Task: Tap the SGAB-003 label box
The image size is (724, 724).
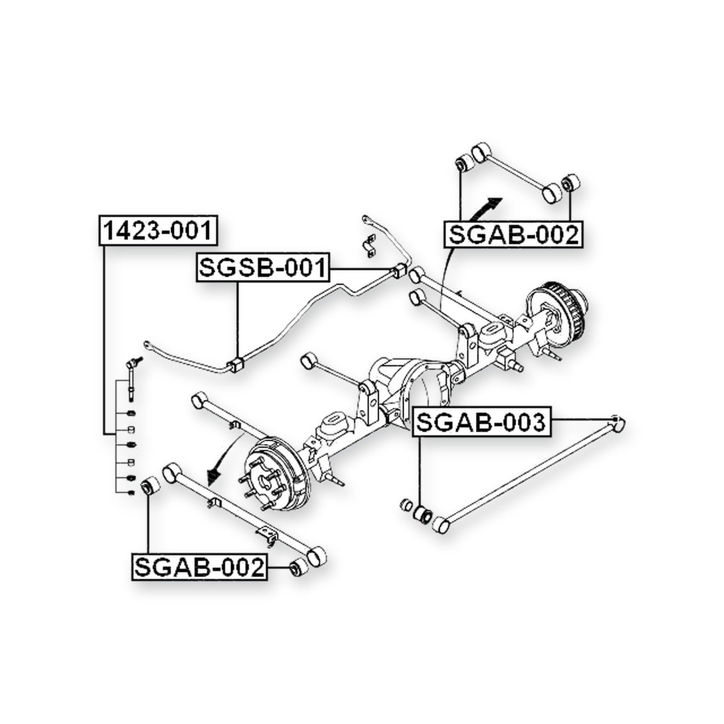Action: pos(481,423)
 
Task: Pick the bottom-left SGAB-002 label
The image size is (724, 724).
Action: pos(200,567)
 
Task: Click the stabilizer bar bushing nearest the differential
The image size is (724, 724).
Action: pos(237,365)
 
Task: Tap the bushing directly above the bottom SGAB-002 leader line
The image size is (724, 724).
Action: pos(151,486)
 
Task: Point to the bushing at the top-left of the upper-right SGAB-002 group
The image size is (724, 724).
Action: pos(464,162)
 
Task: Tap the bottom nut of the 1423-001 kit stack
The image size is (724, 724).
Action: pos(131,493)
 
